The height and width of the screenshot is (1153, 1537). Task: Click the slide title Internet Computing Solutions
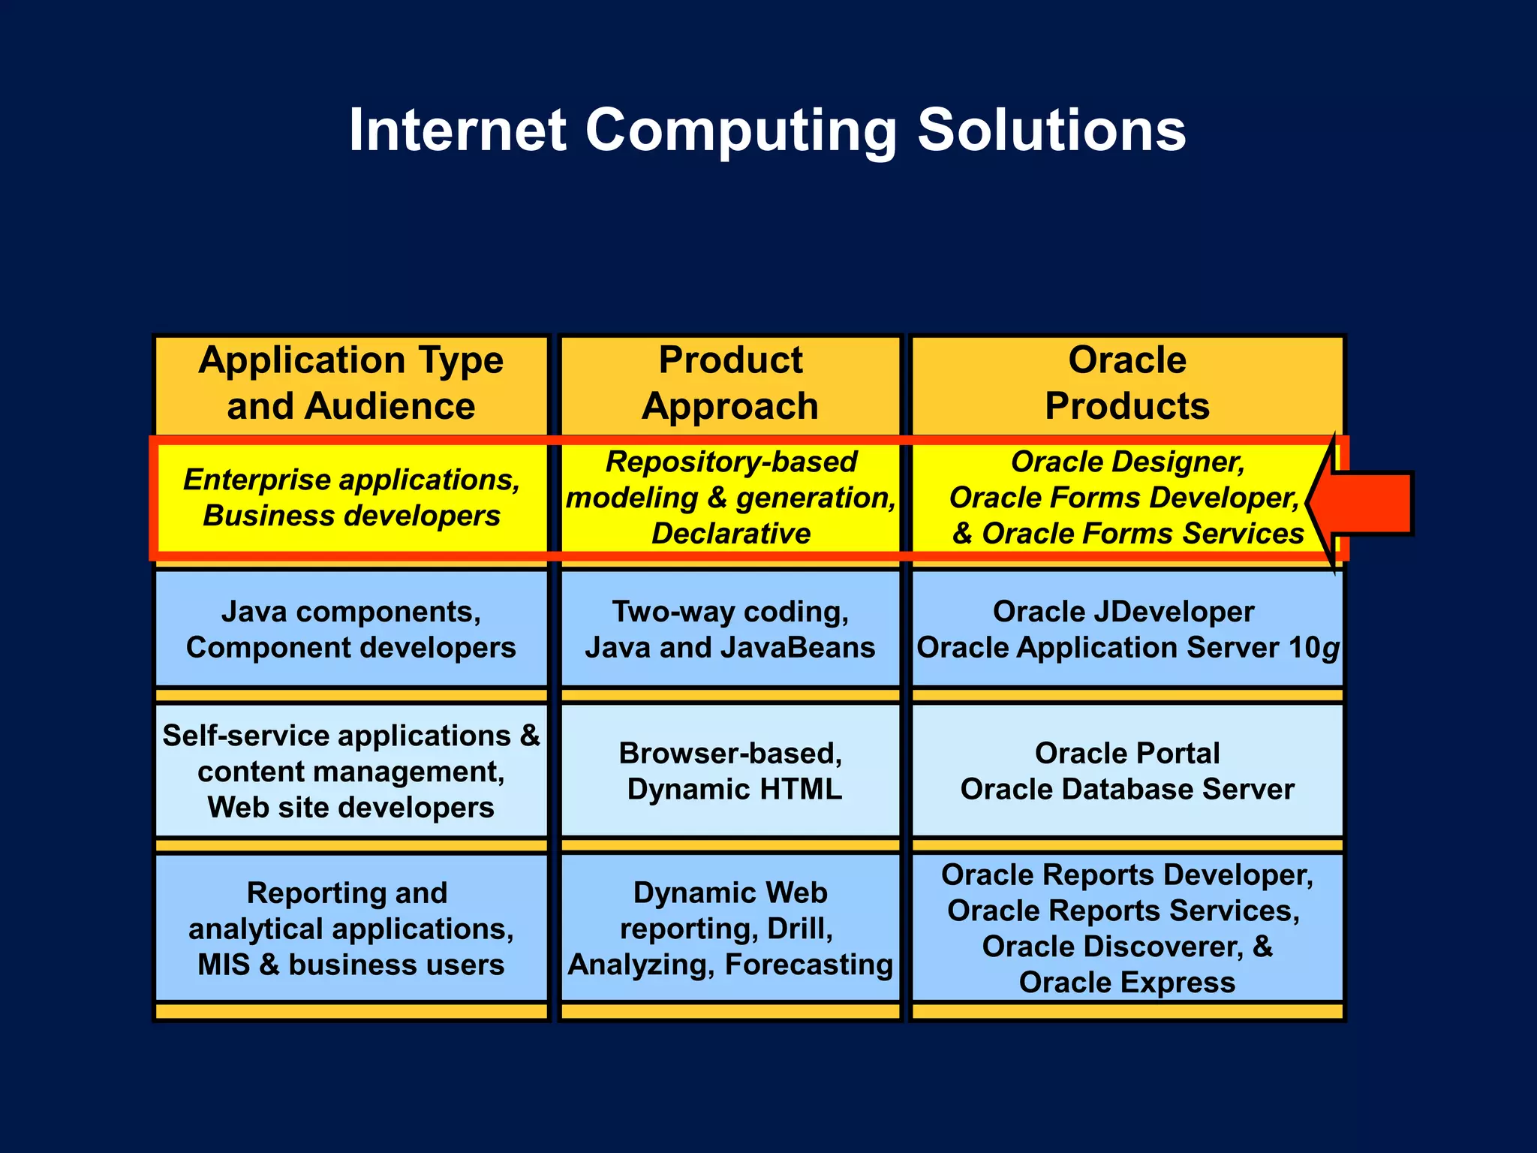click(x=767, y=131)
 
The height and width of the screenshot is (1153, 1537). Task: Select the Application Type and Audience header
click(x=351, y=384)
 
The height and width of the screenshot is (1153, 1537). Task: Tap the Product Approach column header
click(x=730, y=384)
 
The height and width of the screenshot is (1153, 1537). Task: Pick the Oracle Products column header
click(x=1127, y=384)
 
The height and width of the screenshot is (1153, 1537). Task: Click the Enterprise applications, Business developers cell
click(x=351, y=498)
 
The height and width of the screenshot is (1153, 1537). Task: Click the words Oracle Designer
click(x=1127, y=462)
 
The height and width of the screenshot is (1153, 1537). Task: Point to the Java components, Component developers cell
click(x=351, y=629)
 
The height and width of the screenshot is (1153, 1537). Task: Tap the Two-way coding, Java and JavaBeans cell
click(x=730, y=629)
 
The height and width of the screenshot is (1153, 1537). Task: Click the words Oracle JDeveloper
click(x=1123, y=612)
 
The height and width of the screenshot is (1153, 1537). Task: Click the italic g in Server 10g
click(x=1330, y=649)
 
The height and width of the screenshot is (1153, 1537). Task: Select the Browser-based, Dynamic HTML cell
click(x=730, y=771)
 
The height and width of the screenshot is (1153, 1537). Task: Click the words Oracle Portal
click(x=1127, y=753)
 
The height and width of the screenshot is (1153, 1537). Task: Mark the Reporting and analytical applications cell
click(x=351, y=929)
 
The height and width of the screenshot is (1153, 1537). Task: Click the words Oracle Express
click(x=1127, y=982)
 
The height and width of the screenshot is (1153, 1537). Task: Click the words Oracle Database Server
click(x=1127, y=789)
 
